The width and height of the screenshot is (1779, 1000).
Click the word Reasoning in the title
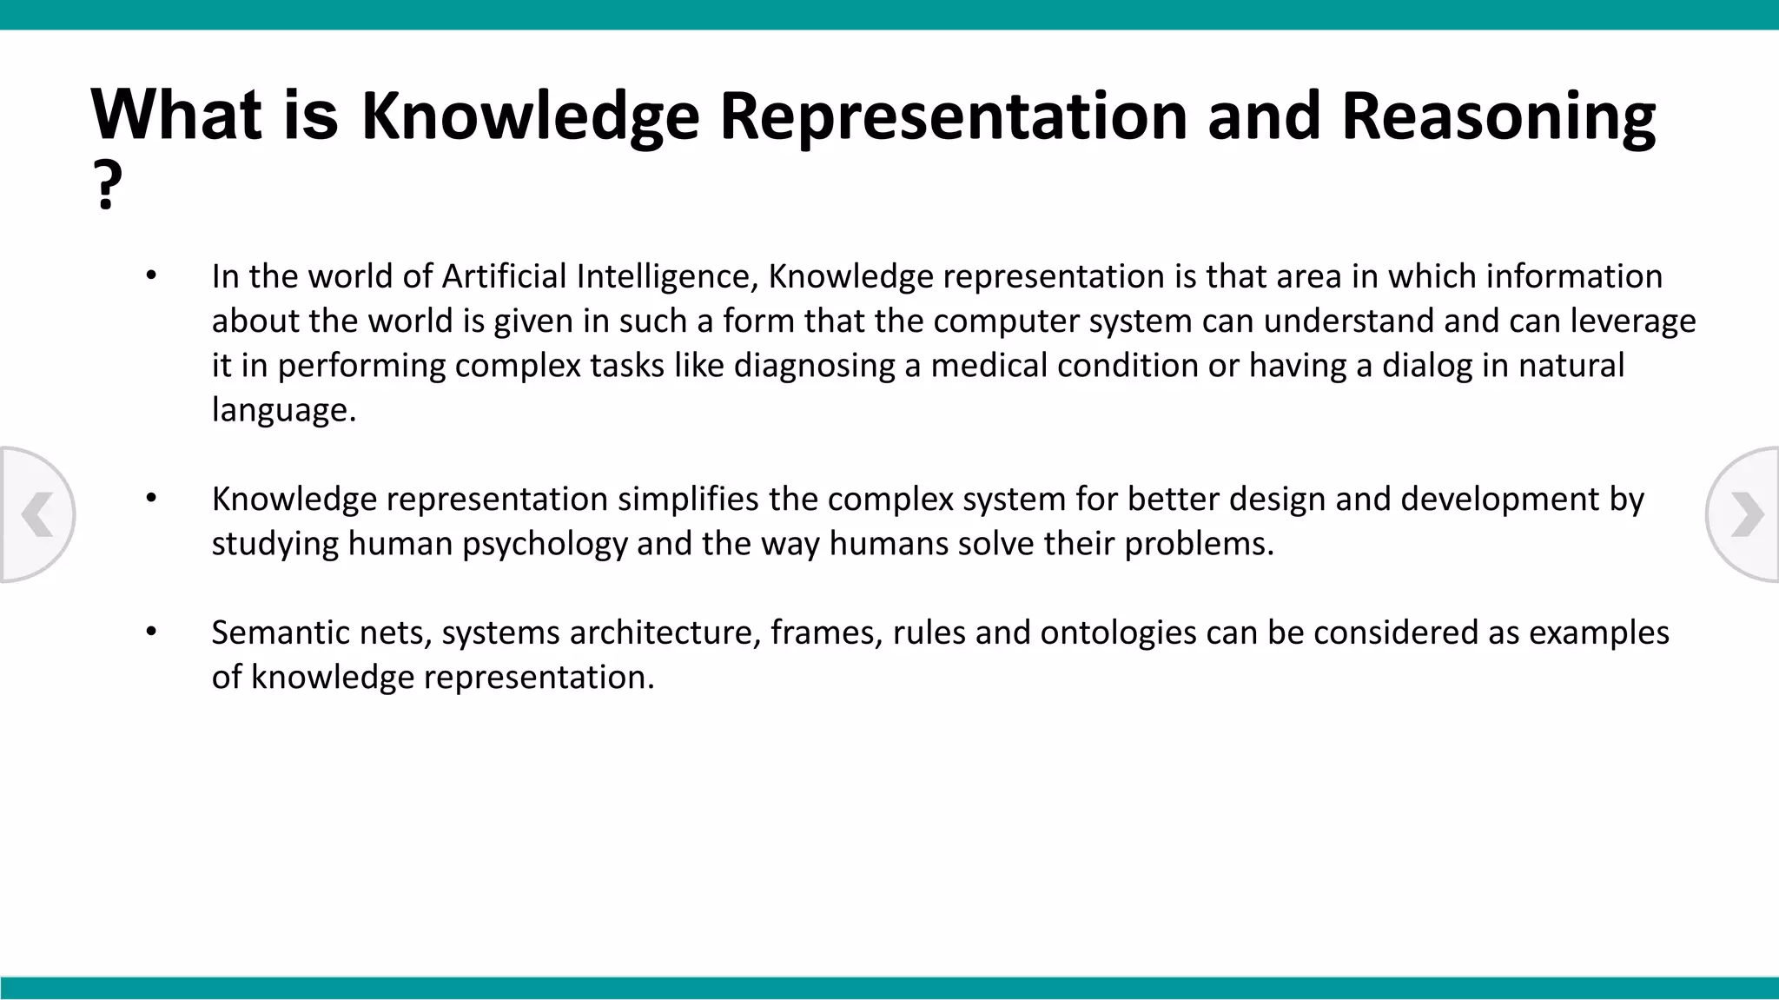pos(1498,117)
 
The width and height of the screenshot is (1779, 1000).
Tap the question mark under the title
pos(107,186)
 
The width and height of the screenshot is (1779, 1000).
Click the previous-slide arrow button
pos(36,514)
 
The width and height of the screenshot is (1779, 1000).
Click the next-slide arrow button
pos(1744,514)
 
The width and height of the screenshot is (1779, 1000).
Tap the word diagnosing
pos(814,366)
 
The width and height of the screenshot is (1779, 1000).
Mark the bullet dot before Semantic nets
pos(151,632)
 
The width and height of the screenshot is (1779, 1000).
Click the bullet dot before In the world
pos(151,275)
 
